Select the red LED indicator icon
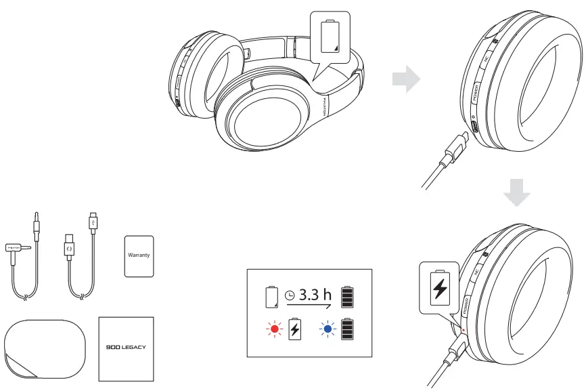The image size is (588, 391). pos(274,330)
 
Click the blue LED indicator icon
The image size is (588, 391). pos(328,330)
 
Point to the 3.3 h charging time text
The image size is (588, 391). pos(316,295)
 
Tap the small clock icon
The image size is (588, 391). pos(290,296)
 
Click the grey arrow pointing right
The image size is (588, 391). pos(405,79)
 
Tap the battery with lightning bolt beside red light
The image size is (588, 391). pos(294,330)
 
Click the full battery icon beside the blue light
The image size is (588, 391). pos(347,329)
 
